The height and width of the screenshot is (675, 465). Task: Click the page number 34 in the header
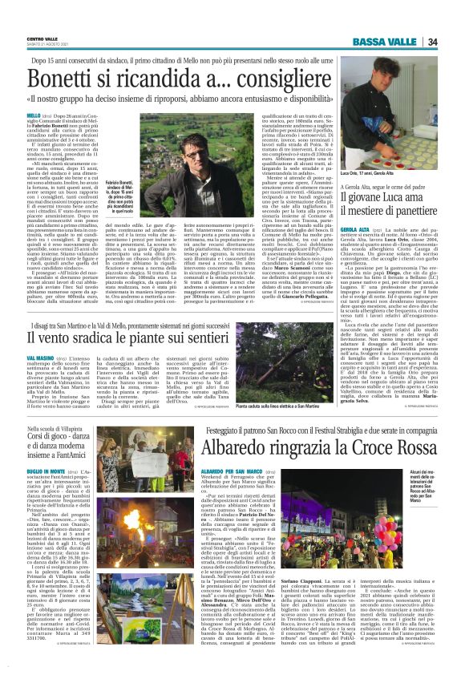click(x=454, y=42)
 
